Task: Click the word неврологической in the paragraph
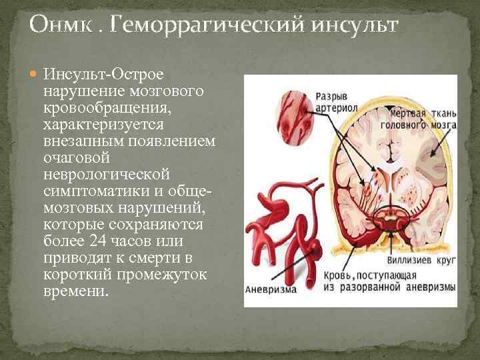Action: tap(107, 173)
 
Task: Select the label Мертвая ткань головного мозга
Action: tap(417, 118)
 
